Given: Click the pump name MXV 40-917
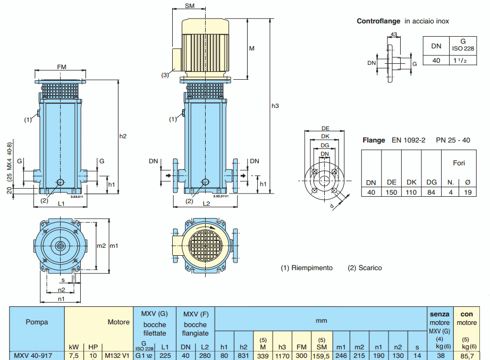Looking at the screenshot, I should coord(32,356).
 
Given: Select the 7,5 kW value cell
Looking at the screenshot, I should coord(74,356).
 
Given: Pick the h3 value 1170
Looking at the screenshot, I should coord(282,356).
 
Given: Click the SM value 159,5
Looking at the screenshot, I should coord(322,356).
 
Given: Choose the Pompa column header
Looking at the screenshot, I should coord(37,322).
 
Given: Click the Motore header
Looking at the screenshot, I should coord(119,322).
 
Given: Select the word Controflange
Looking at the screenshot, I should coord(378,21).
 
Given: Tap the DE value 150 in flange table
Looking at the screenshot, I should coord(392,192).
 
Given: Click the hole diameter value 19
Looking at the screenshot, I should coord(467,192).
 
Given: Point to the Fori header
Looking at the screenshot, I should coord(459,163).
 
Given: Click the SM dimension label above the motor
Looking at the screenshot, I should coord(189,6).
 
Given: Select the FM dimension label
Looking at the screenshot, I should coord(62,66).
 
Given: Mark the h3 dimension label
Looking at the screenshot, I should coord(275,106).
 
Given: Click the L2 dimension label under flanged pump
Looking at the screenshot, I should coord(207,204).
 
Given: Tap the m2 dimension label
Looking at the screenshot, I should coord(101,246).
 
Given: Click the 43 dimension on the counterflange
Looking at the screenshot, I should coord(394,35).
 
